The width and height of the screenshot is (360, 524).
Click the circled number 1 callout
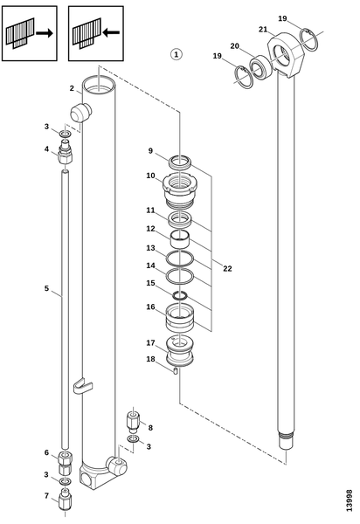[177, 54]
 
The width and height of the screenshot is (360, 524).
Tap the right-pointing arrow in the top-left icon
[45, 33]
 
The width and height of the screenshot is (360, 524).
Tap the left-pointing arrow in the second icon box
[111, 33]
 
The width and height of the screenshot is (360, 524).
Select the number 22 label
[227, 269]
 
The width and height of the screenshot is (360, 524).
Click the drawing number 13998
[349, 500]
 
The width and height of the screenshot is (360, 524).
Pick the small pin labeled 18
[176, 370]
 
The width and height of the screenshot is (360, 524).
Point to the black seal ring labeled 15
[180, 296]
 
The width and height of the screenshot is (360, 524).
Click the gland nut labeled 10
[180, 190]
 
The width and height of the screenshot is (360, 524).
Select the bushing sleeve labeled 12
[180, 239]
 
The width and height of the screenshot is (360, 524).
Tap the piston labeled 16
[180, 318]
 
